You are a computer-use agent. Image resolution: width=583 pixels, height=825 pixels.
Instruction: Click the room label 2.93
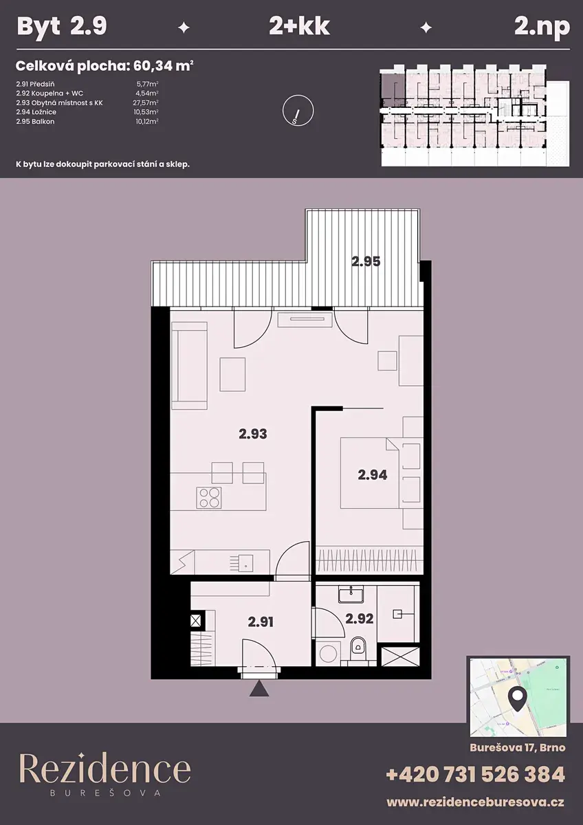252,434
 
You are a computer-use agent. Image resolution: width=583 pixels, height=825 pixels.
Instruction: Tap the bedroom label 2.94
373,475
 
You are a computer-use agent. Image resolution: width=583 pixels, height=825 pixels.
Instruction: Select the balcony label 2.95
366,261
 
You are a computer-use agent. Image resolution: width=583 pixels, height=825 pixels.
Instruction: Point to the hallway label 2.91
261,622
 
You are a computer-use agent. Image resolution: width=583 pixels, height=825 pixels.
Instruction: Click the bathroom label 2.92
359,618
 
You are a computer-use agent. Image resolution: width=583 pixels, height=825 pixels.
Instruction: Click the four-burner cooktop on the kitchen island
209,498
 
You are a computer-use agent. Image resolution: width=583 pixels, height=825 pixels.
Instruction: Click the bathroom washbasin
351,595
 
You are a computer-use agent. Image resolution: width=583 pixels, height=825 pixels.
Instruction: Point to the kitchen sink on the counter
245,564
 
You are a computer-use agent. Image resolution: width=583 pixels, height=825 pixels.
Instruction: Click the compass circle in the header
298,111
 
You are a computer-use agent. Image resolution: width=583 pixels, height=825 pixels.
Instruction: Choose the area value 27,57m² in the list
146,102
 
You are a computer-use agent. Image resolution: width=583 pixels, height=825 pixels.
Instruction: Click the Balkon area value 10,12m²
147,122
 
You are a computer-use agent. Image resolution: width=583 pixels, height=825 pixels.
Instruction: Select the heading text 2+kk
299,27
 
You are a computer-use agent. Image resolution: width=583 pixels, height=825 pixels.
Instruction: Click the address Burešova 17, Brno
518,748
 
